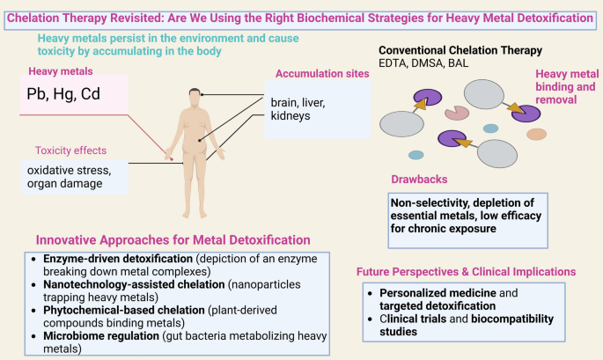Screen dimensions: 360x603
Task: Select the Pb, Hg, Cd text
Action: click(x=63, y=95)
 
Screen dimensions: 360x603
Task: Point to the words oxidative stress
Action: click(x=66, y=170)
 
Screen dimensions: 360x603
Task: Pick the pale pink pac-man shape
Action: click(x=456, y=112)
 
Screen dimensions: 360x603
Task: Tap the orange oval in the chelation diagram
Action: click(x=536, y=135)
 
